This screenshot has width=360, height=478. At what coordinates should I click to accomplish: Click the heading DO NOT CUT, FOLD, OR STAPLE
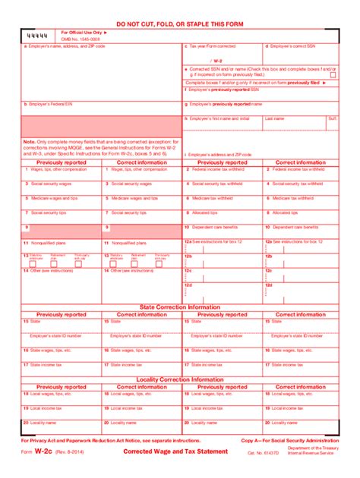click(x=179, y=24)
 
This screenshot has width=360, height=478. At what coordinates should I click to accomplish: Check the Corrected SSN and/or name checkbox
click(x=186, y=69)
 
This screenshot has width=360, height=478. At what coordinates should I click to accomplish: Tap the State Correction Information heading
click(x=179, y=307)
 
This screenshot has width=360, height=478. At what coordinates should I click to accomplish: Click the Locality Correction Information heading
click(x=179, y=379)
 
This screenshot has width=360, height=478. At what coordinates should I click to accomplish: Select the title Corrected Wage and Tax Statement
click(x=175, y=452)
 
